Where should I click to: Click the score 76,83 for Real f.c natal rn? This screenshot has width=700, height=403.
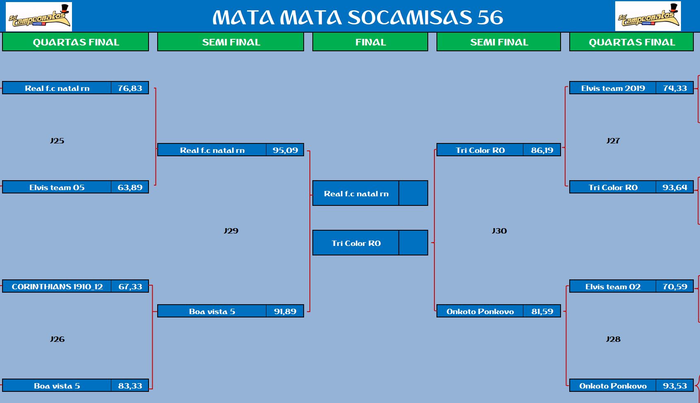[129, 88]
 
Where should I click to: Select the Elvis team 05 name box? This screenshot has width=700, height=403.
[57, 187]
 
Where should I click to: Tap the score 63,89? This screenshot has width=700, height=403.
[129, 187]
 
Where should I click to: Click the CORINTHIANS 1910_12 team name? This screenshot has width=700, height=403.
[57, 286]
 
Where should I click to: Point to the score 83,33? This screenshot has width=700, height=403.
[129, 386]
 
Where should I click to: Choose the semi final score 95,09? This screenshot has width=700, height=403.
[285, 150]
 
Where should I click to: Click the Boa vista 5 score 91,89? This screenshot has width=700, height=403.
[285, 311]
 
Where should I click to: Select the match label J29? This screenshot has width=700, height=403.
[231, 231]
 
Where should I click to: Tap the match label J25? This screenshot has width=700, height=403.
[57, 141]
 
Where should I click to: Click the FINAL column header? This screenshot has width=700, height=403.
[370, 42]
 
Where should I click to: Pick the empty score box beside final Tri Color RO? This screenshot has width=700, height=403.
[413, 243]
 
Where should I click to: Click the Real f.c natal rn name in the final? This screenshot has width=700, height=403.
[356, 193]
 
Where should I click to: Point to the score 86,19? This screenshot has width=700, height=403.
[542, 150]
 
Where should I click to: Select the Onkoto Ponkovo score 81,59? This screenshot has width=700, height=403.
[542, 311]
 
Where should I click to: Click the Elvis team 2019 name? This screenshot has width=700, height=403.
[613, 88]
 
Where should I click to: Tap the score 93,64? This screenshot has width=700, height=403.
[675, 187]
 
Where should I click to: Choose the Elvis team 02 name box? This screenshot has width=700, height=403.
[612, 286]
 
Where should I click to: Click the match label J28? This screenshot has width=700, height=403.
[613, 339]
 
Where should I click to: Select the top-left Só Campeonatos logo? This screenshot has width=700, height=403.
[39, 17]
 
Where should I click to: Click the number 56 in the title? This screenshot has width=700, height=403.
[490, 17]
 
